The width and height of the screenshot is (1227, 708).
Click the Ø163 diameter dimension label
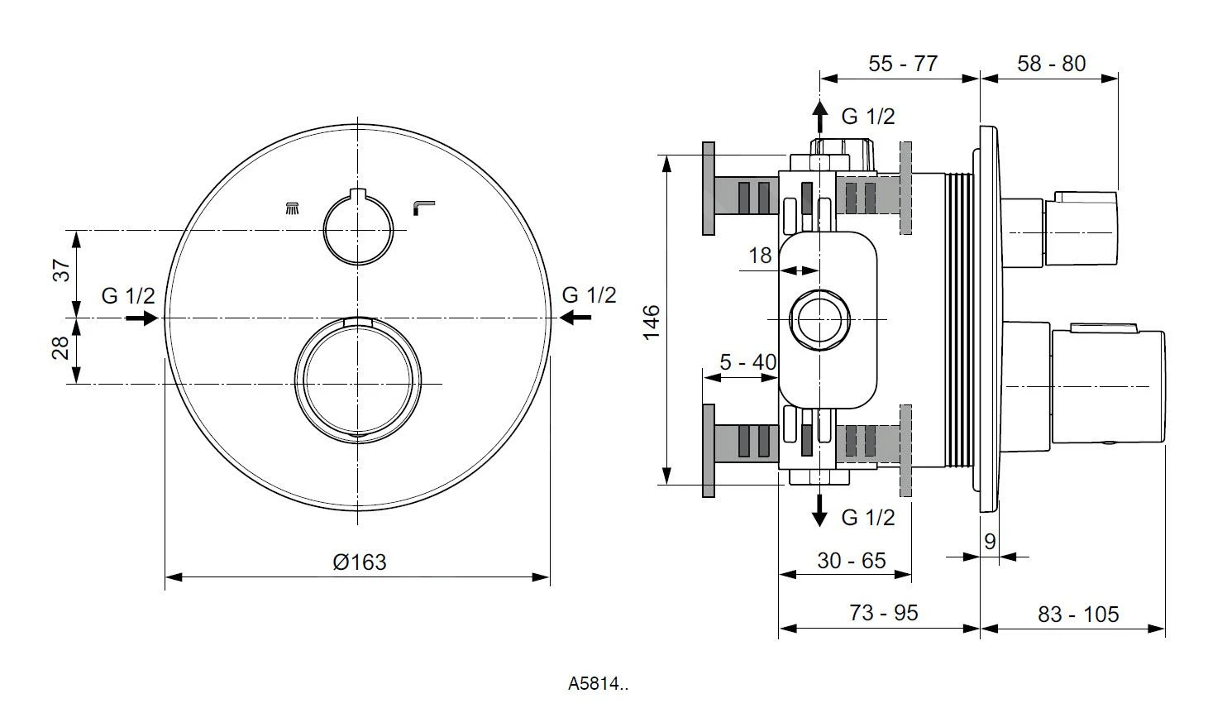coord(359,562)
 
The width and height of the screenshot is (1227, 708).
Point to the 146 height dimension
coord(652,321)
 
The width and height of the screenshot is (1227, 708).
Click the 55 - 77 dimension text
coord(903,64)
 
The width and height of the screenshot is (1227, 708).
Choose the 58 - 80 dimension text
coord(1051,64)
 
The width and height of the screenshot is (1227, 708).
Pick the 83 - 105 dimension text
coord(1077,615)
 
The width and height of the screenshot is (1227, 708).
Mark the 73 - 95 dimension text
coord(883,613)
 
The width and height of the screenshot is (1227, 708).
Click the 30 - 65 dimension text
coord(851,561)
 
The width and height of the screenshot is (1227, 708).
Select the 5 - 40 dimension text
coord(747,362)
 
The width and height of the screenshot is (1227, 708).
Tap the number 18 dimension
coord(760,256)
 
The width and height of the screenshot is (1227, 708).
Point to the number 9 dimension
coord(990,542)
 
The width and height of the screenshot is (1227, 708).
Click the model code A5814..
coord(599,684)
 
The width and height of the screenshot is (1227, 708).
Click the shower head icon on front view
coord(292,208)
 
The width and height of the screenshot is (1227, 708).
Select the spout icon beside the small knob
coord(424,207)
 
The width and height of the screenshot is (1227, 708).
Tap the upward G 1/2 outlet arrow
coord(819,115)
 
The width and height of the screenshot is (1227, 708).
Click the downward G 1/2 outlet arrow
coord(819,510)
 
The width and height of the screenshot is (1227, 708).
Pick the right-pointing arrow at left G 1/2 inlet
coord(141,318)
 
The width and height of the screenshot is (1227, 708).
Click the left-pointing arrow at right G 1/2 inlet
coord(575,318)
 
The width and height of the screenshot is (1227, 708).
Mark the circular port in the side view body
coord(819,319)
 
